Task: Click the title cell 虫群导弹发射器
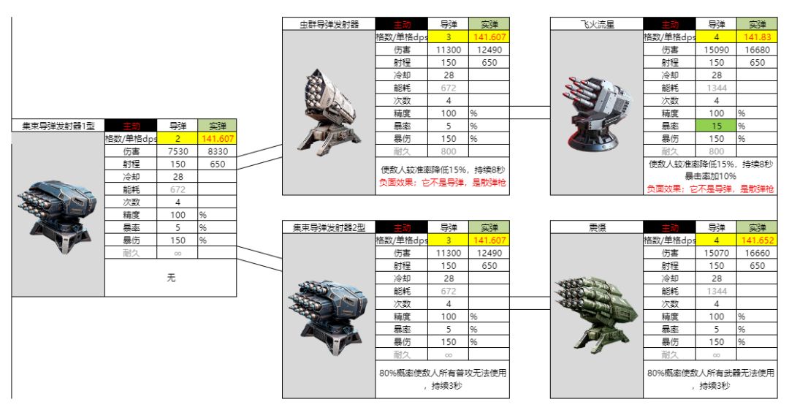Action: click(329, 24)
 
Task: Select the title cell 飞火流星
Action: click(596, 24)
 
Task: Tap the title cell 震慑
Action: click(596, 228)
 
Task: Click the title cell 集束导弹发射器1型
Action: click(58, 126)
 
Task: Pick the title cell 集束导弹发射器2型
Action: click(329, 228)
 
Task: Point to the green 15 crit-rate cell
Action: click(716, 126)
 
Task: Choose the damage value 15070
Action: click(716, 253)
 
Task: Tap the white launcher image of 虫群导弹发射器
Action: click(329, 110)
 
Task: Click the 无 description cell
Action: click(171, 278)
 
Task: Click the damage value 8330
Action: click(217, 151)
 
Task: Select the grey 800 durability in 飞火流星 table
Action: click(716, 151)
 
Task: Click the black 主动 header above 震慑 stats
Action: click(670, 228)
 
